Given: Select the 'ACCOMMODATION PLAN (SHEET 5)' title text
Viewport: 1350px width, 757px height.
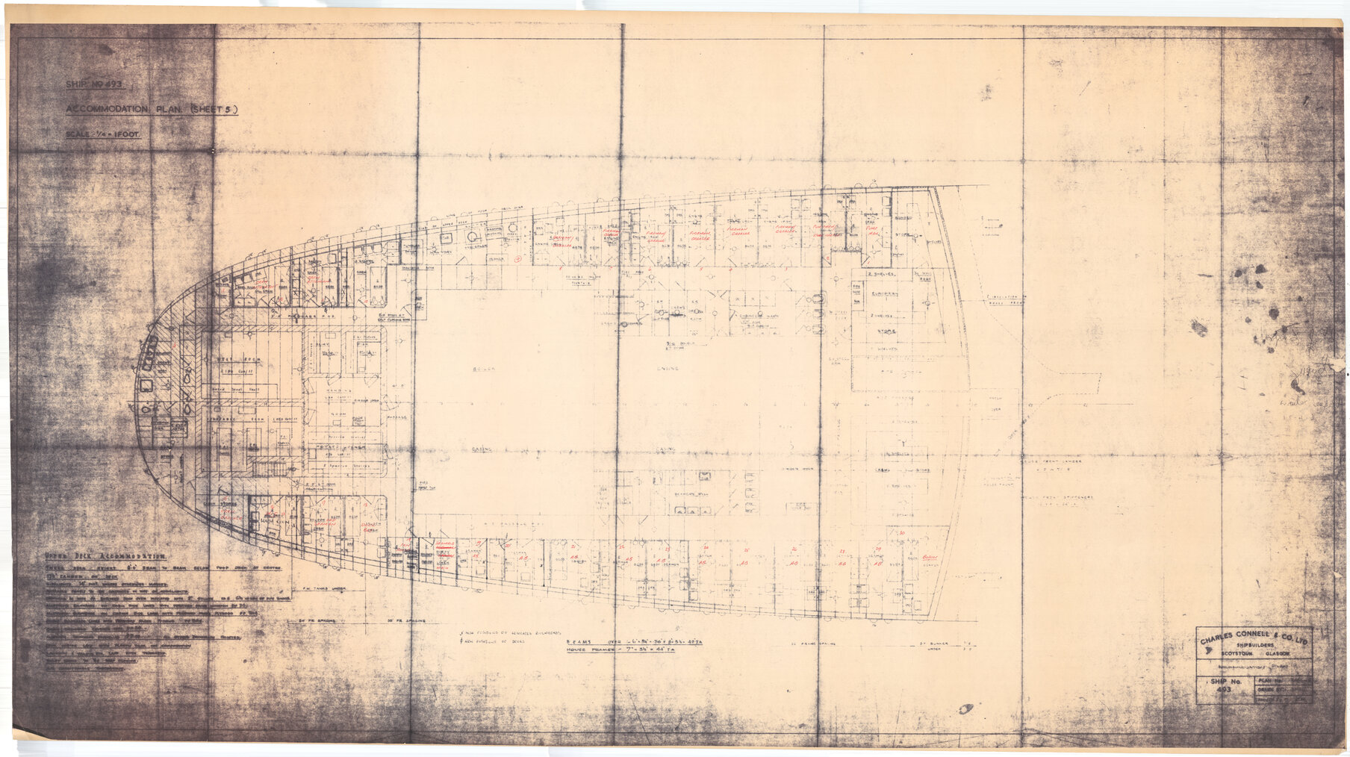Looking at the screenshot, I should (152, 110).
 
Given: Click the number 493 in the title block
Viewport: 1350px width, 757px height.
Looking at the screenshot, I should (1222, 692).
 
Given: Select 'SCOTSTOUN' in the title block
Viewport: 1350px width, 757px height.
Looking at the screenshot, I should (1237, 658).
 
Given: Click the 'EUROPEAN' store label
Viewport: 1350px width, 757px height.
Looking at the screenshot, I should (886, 296).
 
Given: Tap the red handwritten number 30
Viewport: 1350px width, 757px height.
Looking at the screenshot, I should (901, 533).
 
